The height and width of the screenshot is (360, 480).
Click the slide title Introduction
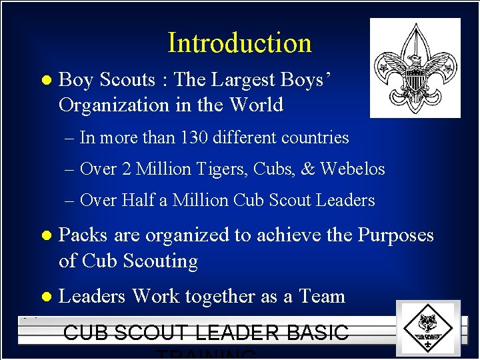[239, 43]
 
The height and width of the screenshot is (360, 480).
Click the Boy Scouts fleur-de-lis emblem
[415, 67]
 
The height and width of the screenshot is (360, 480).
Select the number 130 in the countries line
[190, 138]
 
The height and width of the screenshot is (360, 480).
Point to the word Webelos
[353, 169]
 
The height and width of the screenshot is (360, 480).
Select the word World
[256, 105]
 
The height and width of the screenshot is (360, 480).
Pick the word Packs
[84, 235]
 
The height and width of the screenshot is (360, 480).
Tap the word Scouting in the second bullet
[161, 261]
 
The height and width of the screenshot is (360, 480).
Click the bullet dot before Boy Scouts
[45, 81]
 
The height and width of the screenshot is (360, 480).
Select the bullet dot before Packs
[45, 236]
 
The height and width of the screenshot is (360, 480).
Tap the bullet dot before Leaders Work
[45, 297]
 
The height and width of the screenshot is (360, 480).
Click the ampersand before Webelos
[308, 169]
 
